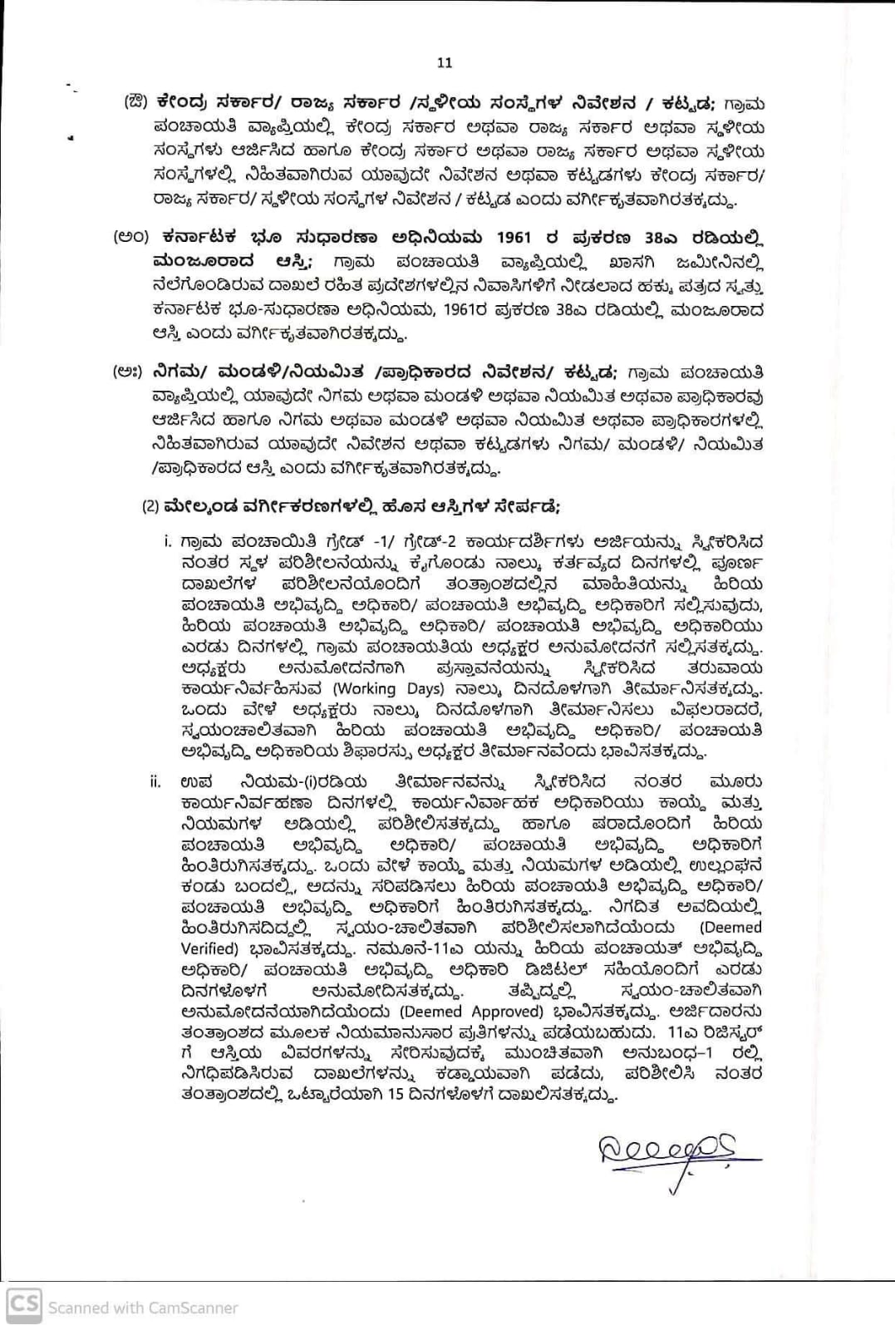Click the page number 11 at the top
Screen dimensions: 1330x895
[x=445, y=62]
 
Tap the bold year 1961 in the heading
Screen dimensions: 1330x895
[x=514, y=237]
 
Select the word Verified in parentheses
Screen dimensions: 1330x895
[x=210, y=948]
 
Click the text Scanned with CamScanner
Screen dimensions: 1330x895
[x=142, y=1308]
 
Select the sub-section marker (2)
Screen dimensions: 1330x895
[x=150, y=506]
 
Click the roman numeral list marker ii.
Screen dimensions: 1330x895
[x=155, y=782]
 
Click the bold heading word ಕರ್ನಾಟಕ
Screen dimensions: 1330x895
[x=197, y=237]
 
